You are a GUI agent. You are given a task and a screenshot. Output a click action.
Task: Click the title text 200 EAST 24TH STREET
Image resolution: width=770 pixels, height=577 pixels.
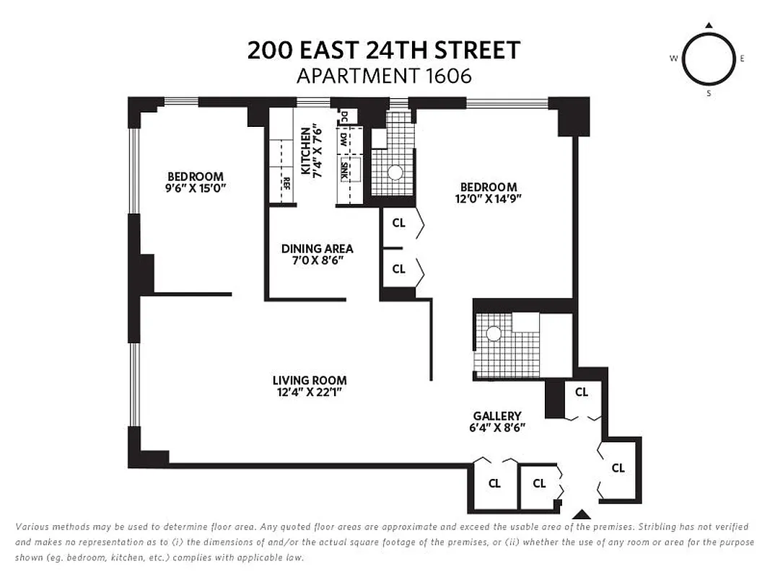384,50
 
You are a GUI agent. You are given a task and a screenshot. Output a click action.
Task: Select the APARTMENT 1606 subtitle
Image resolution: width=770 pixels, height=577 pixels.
384,76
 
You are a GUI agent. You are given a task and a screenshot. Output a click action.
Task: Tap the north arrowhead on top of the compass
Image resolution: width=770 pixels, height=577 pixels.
709,26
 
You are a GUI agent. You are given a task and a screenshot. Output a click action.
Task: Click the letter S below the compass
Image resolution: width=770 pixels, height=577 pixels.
709,93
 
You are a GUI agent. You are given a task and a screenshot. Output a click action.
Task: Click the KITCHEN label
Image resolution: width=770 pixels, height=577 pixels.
306,151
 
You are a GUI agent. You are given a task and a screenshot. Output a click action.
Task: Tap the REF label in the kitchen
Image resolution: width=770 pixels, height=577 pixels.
286,182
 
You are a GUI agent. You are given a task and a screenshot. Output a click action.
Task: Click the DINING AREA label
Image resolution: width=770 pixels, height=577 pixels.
317,249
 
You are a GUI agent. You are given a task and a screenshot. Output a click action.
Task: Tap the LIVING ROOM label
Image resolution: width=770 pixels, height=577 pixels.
309,380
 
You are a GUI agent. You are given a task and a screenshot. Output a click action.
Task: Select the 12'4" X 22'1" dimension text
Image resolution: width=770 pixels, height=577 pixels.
309,392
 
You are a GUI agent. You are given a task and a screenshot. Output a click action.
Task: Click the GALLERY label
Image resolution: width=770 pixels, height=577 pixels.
497,416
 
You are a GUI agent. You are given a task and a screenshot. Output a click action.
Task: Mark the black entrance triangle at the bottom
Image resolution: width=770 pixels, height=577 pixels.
582,515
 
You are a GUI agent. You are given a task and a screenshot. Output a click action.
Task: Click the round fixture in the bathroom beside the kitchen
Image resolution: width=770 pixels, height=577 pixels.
395,173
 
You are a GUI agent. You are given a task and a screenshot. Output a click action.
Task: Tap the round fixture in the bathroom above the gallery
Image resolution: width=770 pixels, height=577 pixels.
494,333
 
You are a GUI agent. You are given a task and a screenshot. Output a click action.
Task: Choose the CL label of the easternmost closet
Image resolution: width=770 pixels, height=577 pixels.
618,468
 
